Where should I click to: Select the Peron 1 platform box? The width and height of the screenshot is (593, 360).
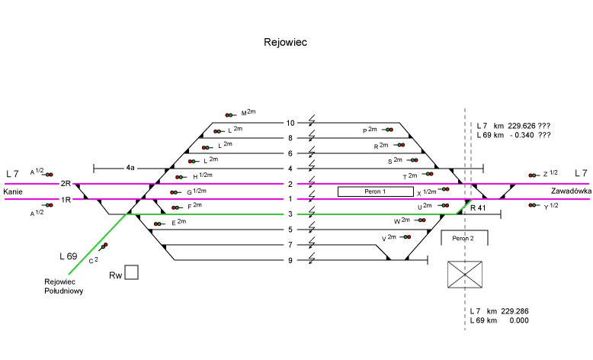[374, 191]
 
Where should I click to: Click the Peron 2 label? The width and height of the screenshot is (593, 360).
[464, 238]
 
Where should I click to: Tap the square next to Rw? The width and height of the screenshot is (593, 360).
[132, 272]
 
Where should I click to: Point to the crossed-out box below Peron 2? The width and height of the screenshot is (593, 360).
[466, 275]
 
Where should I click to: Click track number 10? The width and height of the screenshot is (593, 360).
[290, 123]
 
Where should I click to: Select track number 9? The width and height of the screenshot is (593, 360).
[290, 261]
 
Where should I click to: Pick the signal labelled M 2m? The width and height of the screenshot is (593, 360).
[231, 114]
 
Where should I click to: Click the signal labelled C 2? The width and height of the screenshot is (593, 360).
[102, 247]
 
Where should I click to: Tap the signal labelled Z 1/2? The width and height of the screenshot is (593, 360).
[533, 175]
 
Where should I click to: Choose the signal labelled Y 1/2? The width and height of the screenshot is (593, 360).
[533, 206]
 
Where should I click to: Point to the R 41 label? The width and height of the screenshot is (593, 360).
[478, 207]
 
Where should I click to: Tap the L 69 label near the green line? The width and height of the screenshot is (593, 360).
[69, 256]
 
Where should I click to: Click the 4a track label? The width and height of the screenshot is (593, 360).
[130, 167]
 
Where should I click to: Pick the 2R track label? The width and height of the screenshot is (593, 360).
[66, 184]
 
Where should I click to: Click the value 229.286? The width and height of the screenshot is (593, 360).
[514, 311]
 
